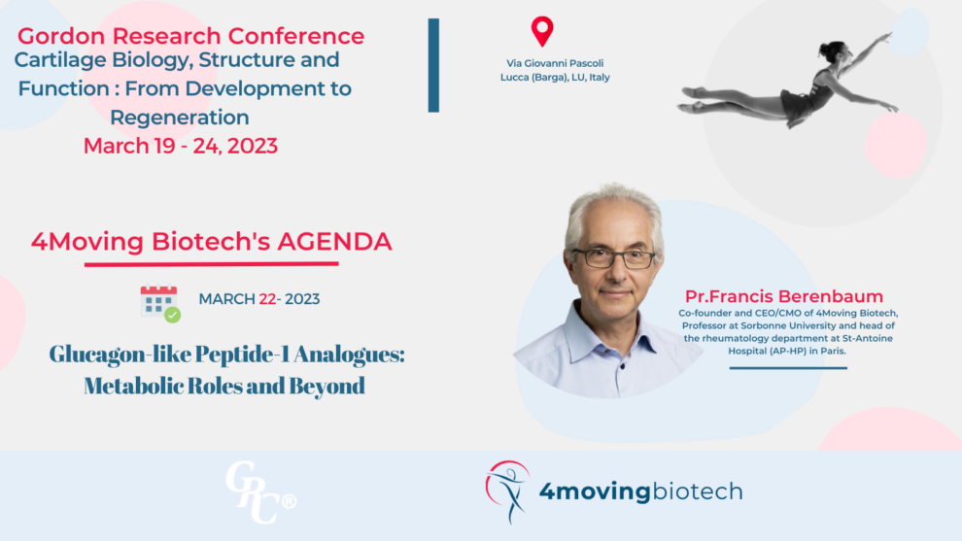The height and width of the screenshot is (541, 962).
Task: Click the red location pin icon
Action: coord(542,31)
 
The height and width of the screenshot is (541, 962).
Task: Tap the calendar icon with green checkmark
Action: coord(160,303)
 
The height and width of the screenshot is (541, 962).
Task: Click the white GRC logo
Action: coord(260,491)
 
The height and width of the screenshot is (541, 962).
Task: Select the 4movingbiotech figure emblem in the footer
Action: coord(508,491)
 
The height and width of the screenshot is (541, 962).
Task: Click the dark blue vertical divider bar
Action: coord(433,65)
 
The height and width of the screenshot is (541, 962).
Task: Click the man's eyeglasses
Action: coord(614,258)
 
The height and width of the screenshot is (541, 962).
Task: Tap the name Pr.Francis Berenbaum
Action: coord(784,296)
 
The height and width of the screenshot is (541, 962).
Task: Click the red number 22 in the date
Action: coord(267,299)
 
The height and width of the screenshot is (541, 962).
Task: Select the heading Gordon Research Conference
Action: coord(190,36)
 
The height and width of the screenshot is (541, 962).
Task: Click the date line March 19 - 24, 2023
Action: coord(181,146)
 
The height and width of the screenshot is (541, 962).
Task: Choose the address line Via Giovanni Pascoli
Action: coord(555,63)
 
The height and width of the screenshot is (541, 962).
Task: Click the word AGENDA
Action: coord(334,241)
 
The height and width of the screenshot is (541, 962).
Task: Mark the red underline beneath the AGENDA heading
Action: coord(212,264)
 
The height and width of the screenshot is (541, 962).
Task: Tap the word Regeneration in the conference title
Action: coord(180,118)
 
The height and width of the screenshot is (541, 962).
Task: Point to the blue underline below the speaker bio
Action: coord(788,368)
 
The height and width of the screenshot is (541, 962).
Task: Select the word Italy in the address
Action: coord(600,78)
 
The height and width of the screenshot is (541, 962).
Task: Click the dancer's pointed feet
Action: coord(692,100)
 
